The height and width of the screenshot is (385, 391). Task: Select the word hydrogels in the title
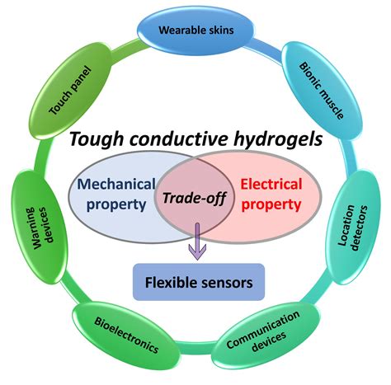277,141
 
